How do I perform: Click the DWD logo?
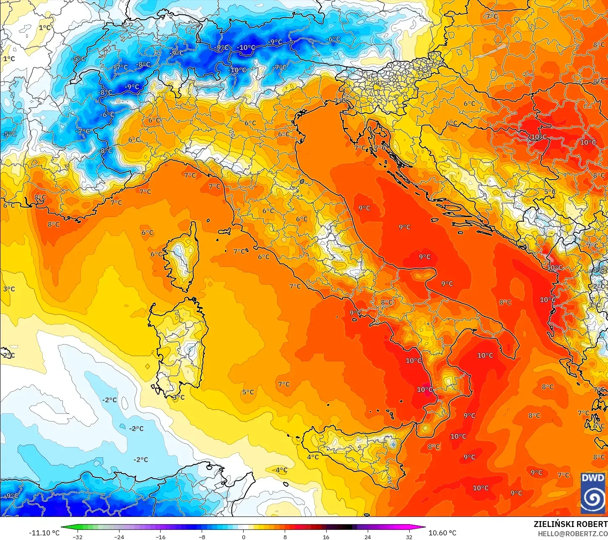(x=593, y=493)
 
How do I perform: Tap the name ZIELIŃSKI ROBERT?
(x=570, y=524)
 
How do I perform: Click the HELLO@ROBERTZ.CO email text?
(x=573, y=533)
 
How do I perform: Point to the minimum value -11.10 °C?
(x=44, y=533)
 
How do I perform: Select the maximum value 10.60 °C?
(x=442, y=533)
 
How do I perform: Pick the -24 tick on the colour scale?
(x=119, y=537)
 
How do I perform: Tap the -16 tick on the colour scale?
(x=161, y=537)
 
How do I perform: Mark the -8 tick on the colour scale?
(x=202, y=537)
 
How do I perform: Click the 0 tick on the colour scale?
(x=243, y=537)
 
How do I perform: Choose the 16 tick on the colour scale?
(x=326, y=537)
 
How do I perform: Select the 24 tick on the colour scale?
(x=368, y=537)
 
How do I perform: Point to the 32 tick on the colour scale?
(x=409, y=537)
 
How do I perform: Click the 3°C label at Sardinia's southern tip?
(x=179, y=397)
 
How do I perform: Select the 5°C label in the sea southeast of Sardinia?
(x=248, y=392)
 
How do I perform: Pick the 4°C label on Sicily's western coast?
(x=313, y=457)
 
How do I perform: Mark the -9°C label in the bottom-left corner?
(x=11, y=496)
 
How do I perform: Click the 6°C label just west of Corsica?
(x=156, y=254)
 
